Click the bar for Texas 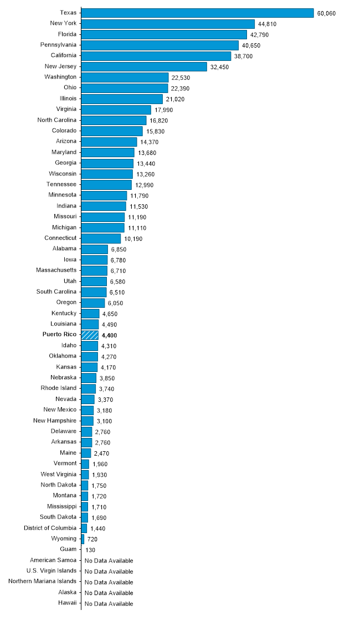point(197,13)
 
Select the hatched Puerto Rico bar point(90,335)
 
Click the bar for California point(156,56)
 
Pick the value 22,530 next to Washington point(182,77)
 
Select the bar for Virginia point(116,110)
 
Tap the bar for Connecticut point(101,238)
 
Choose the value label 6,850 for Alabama point(119,250)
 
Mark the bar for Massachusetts point(94,270)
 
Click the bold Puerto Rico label point(60,334)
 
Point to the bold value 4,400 point(110,335)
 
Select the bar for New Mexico point(88,410)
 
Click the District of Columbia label point(50,528)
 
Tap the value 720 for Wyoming point(92,539)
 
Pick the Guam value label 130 point(91,550)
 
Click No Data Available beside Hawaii point(109,603)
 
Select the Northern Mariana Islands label point(43,581)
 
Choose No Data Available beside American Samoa point(109,561)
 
